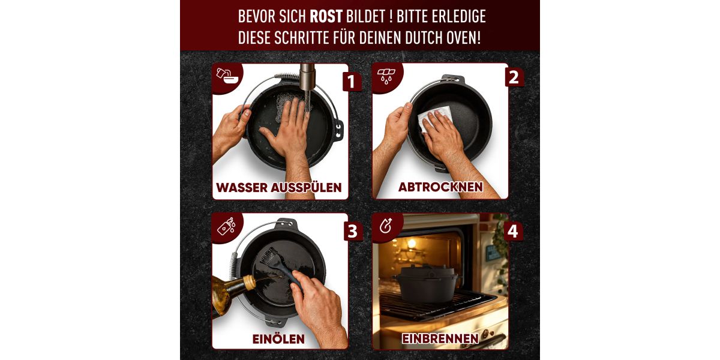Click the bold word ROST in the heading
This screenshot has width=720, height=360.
(x=326, y=16)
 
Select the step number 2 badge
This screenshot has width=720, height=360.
(x=514, y=77)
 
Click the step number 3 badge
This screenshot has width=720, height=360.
(x=353, y=231)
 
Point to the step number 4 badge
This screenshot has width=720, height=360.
(x=513, y=231)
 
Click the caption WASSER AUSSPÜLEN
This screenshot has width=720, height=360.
(x=278, y=187)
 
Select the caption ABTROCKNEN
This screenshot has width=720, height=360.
(x=440, y=187)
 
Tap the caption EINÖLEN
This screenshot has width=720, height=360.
(x=278, y=339)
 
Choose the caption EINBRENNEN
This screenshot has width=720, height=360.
(x=440, y=338)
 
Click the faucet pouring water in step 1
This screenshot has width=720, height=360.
(x=307, y=77)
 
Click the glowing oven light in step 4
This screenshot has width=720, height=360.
(x=411, y=243)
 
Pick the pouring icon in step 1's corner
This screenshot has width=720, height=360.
(x=227, y=76)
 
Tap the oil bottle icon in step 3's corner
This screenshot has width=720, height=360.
(x=227, y=226)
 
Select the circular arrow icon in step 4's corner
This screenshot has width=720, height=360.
(x=386, y=226)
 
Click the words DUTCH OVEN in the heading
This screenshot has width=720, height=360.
(x=443, y=38)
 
